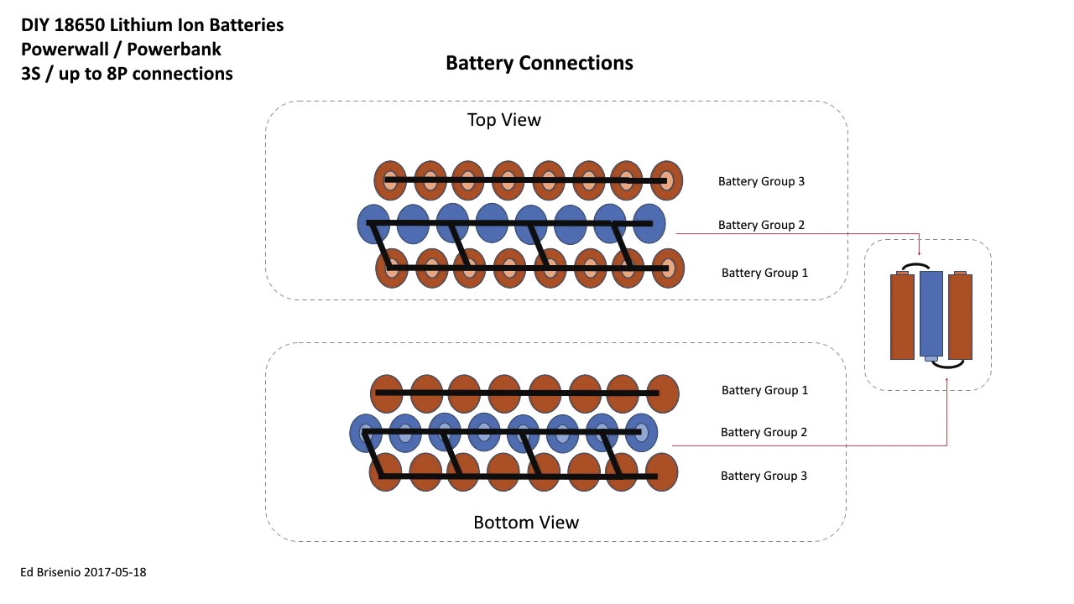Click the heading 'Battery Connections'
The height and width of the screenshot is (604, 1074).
coord(539,64)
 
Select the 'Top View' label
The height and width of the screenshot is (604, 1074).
coord(503,120)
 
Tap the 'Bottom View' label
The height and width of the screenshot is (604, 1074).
coord(526,523)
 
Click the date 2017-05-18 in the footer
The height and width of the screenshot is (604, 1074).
coord(119,572)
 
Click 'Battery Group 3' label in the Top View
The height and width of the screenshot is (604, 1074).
coord(762,181)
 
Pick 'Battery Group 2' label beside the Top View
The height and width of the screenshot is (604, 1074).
coord(762,225)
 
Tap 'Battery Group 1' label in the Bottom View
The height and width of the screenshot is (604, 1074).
coord(765,390)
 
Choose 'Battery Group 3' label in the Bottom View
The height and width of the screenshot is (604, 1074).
coord(764,476)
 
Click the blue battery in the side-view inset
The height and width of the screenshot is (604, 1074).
coord(931,314)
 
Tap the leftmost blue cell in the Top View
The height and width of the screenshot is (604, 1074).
coord(373,225)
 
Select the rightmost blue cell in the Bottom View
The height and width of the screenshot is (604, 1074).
coord(641,433)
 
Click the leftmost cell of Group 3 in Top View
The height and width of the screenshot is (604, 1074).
coord(390,180)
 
